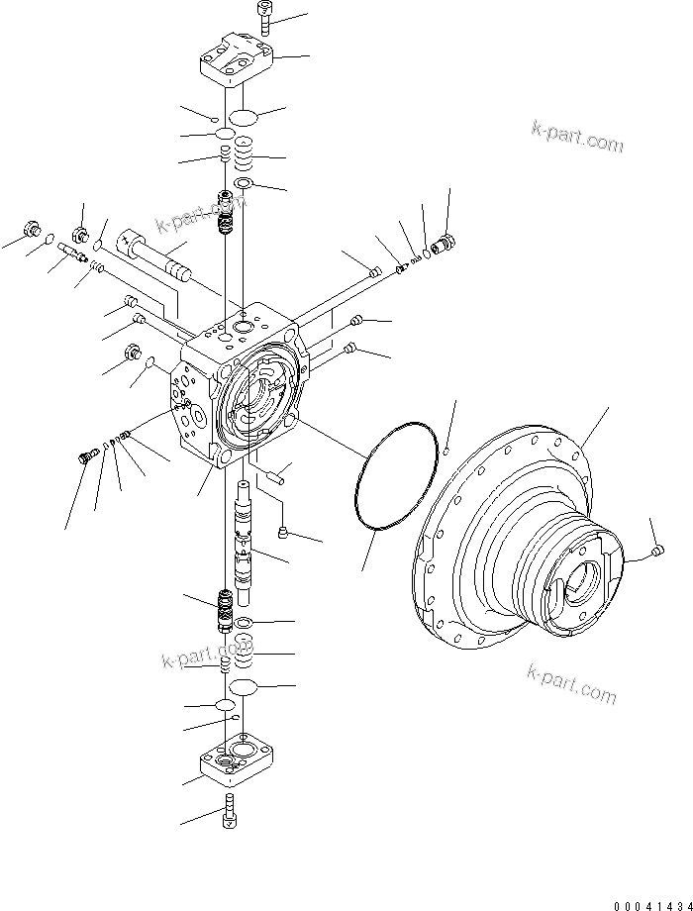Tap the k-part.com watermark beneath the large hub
pyautogui.click(x=571, y=684)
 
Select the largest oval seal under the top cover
pyautogui.click(x=245, y=117)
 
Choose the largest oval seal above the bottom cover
pyautogui.click(x=244, y=687)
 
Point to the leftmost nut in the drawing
pyautogui.click(x=34, y=232)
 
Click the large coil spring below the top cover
pyautogui.click(x=244, y=154)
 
